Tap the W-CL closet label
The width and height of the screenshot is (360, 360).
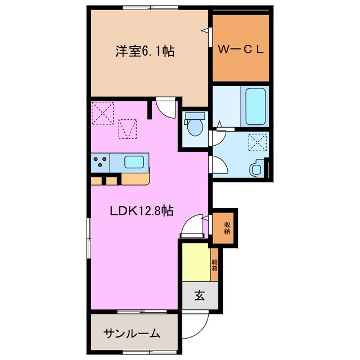coord(241,49)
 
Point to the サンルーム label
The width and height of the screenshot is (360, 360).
coord(131,333)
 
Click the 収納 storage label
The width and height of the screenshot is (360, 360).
coord(227,228)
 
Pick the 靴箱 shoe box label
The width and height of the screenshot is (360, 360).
coord(214,263)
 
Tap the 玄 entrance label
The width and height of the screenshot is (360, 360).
coord(200,295)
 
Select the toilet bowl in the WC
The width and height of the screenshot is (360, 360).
coord(195,128)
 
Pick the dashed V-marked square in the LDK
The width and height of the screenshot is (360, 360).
coord(128,129)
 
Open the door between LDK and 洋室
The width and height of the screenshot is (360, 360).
coord(165,107)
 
